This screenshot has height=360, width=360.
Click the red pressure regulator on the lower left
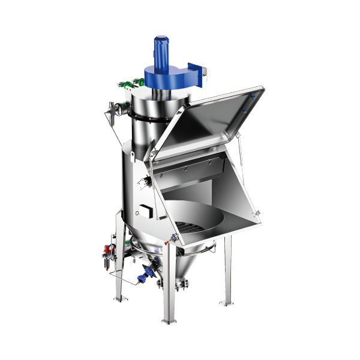[107, 247]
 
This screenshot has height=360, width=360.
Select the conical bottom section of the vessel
[180, 264]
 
